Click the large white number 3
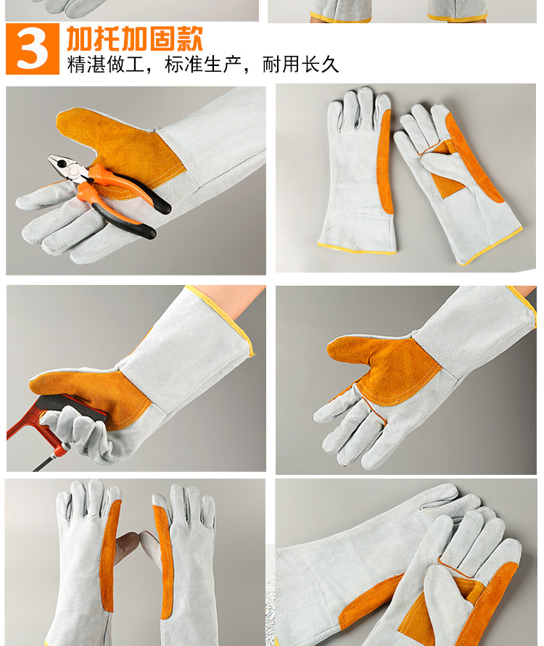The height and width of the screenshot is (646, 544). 33,49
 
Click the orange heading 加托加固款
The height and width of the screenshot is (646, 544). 135,38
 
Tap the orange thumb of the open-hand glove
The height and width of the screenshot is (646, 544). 355,348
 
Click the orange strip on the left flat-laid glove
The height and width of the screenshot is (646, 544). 386,160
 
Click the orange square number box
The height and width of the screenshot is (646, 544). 33,49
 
